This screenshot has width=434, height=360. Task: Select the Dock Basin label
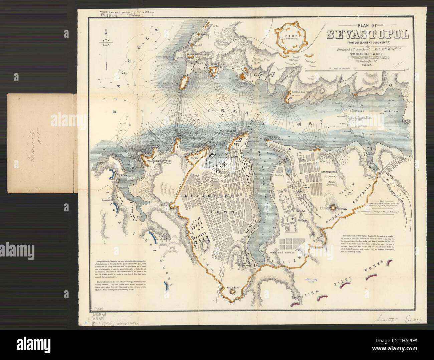click(299, 189)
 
